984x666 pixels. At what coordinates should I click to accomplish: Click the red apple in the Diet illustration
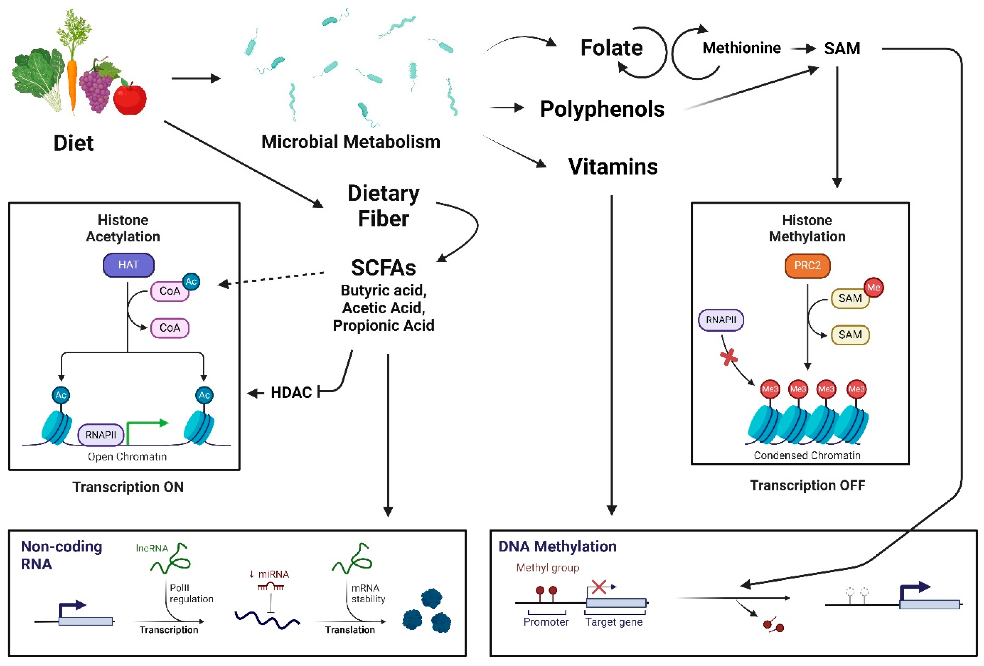(x=130, y=98)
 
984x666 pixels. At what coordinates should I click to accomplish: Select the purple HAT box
(x=128, y=265)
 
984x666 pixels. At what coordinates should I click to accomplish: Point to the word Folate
(x=612, y=48)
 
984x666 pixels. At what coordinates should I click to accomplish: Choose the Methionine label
(x=741, y=48)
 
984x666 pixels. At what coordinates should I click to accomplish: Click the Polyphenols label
(x=602, y=109)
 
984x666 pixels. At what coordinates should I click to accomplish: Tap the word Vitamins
(x=613, y=166)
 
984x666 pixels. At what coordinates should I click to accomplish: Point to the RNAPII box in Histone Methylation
(x=721, y=320)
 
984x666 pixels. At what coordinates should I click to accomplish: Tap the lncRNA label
(x=152, y=548)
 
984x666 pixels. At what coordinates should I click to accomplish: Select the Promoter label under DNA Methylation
(x=546, y=622)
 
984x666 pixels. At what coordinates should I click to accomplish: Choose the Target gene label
(x=614, y=622)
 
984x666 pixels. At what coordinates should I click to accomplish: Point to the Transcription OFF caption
(x=807, y=485)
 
